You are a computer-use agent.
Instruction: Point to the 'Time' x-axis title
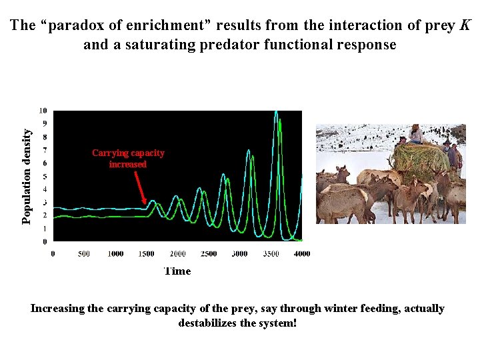coord(177,271)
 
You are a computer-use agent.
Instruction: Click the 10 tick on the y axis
coord(43,111)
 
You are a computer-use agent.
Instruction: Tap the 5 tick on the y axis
coord(44,177)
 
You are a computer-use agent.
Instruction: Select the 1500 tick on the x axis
coord(146,254)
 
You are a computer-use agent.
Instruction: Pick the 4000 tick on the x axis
coord(301,254)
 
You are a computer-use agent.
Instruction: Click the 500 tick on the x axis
coord(84,254)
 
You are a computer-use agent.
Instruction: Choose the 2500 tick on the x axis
coord(209,254)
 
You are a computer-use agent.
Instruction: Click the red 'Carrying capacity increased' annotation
coord(128,159)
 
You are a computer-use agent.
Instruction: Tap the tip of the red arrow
coord(147,204)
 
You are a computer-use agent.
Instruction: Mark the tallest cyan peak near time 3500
coord(276,113)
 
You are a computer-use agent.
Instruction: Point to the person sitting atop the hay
coord(417,133)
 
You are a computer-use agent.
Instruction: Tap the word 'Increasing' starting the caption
coord(58,309)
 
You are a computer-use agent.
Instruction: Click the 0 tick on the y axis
coord(44,241)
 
